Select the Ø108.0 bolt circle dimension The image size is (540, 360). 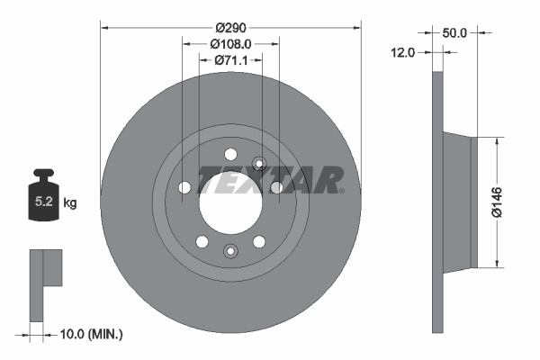[x=229, y=42]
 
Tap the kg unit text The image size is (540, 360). [x=69, y=203]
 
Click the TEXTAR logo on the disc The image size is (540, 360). [x=270, y=180]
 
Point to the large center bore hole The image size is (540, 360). [x=230, y=199]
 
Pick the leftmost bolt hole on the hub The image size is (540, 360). [x=184, y=187]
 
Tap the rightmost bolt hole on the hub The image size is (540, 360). [x=276, y=187]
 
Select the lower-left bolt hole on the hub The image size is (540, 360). [x=202, y=241]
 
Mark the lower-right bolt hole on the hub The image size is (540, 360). [x=259, y=241]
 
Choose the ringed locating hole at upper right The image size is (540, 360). [x=260, y=163]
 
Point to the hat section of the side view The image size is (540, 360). [x=460, y=201]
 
